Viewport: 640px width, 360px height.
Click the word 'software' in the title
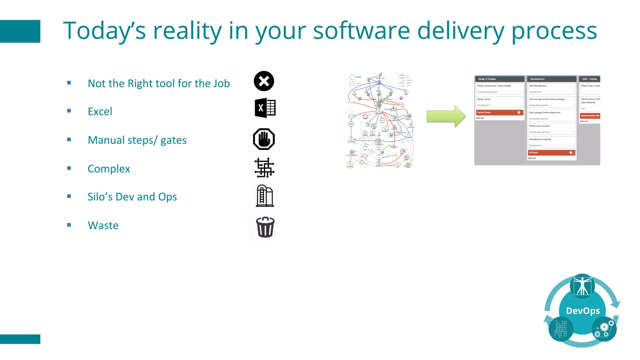tap(361, 31)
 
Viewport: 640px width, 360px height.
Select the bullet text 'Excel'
tap(100, 111)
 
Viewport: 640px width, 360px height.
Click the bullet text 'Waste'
tap(103, 225)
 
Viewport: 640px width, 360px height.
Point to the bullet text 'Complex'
tap(109, 169)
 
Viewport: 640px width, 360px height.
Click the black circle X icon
tap(264, 81)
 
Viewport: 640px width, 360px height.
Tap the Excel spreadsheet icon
tap(265, 108)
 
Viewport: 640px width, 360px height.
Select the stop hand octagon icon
tap(264, 139)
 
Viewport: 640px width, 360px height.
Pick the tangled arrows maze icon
tap(264, 168)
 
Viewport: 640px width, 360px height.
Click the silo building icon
tap(265, 196)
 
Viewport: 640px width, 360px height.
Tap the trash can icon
tap(265, 227)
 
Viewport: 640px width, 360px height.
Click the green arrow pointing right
tap(446, 116)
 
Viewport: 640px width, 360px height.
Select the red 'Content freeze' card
tap(499, 112)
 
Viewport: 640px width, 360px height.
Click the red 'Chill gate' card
tap(551, 152)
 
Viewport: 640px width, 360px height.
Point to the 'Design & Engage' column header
tap(499, 79)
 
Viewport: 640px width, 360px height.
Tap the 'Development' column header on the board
tap(551, 79)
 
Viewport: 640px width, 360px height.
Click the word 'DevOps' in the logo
tap(583, 311)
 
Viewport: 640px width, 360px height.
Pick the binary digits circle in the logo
tap(561, 329)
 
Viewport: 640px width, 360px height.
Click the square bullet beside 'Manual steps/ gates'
tap(69, 140)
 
